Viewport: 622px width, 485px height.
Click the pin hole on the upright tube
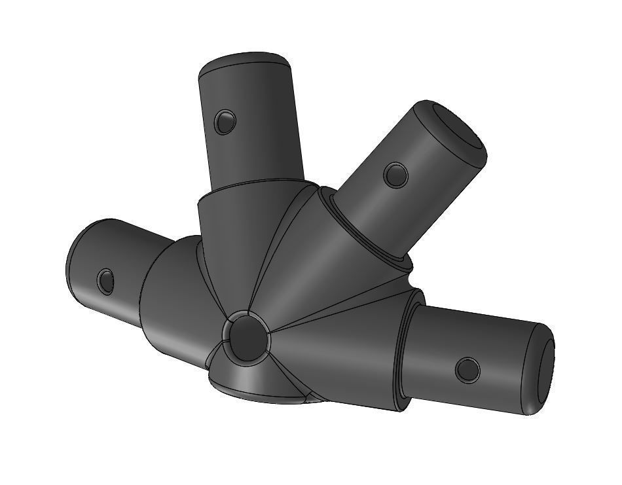click(x=224, y=121)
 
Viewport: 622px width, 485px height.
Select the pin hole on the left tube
click(x=105, y=281)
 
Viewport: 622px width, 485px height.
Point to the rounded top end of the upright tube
click(x=245, y=61)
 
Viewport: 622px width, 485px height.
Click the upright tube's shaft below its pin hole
click(x=255, y=154)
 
